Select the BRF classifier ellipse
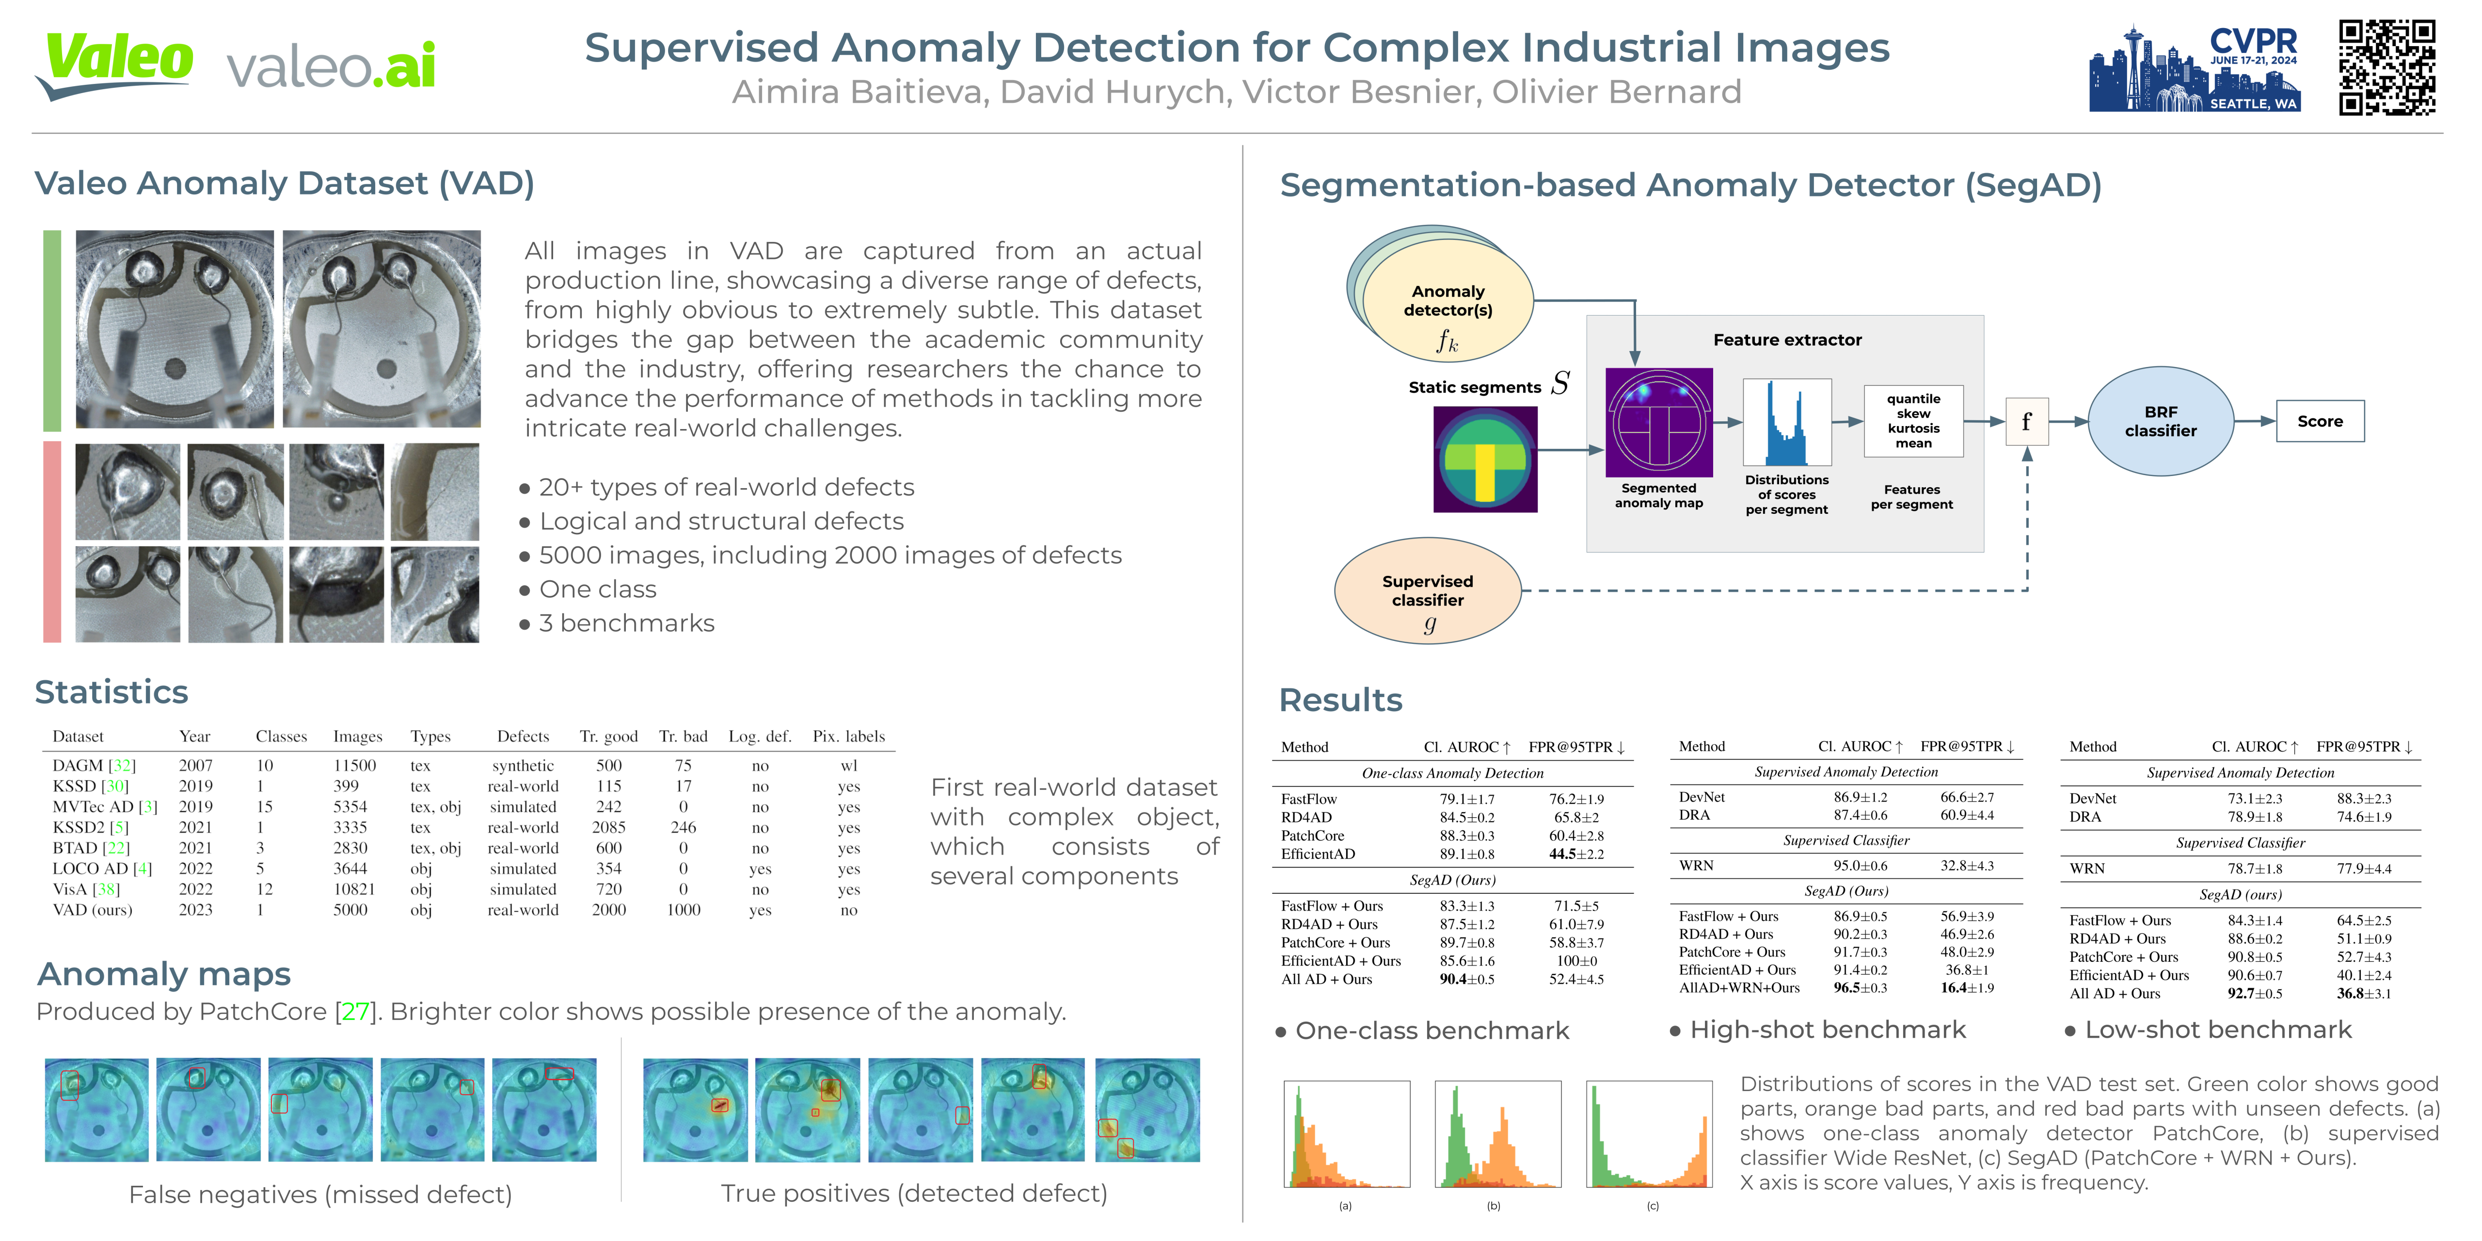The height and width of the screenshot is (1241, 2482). tap(2160, 421)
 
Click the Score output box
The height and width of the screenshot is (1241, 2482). tap(2319, 421)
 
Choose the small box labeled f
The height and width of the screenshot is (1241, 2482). tap(2026, 421)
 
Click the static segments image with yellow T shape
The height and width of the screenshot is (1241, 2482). tap(1485, 459)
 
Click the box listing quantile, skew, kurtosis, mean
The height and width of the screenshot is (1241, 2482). tap(1912, 421)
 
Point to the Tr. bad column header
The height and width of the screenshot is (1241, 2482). tap(683, 736)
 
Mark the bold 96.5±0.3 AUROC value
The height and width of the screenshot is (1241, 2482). tap(1860, 987)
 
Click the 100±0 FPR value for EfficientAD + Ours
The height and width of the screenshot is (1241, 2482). tap(1576, 961)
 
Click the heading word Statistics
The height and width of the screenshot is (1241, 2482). tap(112, 692)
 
